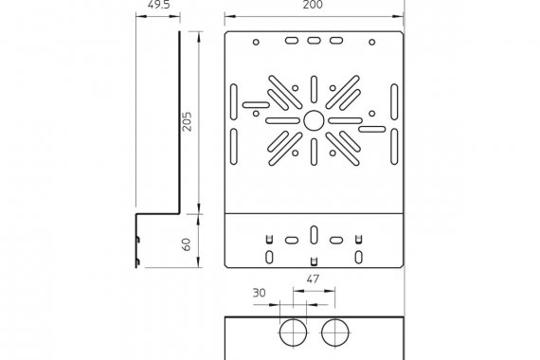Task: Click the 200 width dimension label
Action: pyautogui.click(x=313, y=5)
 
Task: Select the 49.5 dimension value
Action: pyautogui.click(x=159, y=5)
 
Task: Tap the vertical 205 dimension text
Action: pyautogui.click(x=187, y=121)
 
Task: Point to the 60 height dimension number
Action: pyautogui.click(x=186, y=244)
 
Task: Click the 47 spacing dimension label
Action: pyautogui.click(x=313, y=279)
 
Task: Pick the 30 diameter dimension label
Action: pyautogui.click(x=260, y=293)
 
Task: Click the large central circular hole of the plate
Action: pyautogui.click(x=314, y=120)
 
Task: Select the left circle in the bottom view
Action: pyautogui.click(x=293, y=333)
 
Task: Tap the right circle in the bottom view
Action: pyautogui.click(x=335, y=333)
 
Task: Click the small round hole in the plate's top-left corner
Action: pyautogui.click(x=256, y=42)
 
